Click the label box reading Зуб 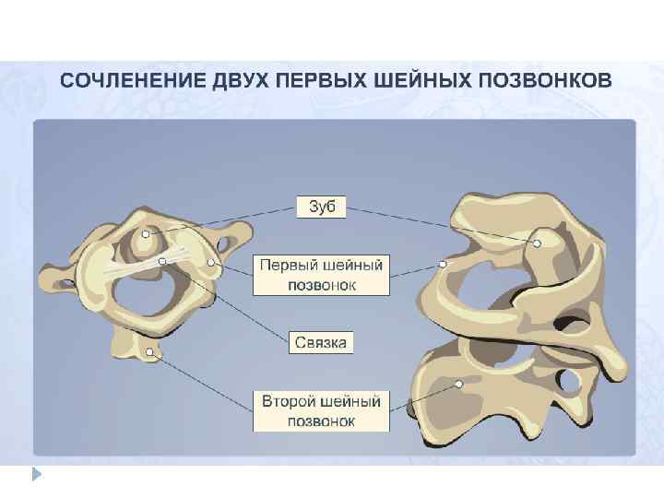321,207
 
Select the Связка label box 321,343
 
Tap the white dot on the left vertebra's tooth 146,234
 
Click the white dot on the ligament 162,262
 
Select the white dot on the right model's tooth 539,244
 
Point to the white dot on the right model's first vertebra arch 443,265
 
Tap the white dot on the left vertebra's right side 211,264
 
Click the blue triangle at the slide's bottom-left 37,475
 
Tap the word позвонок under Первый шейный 321,285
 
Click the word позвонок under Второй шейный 321,421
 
